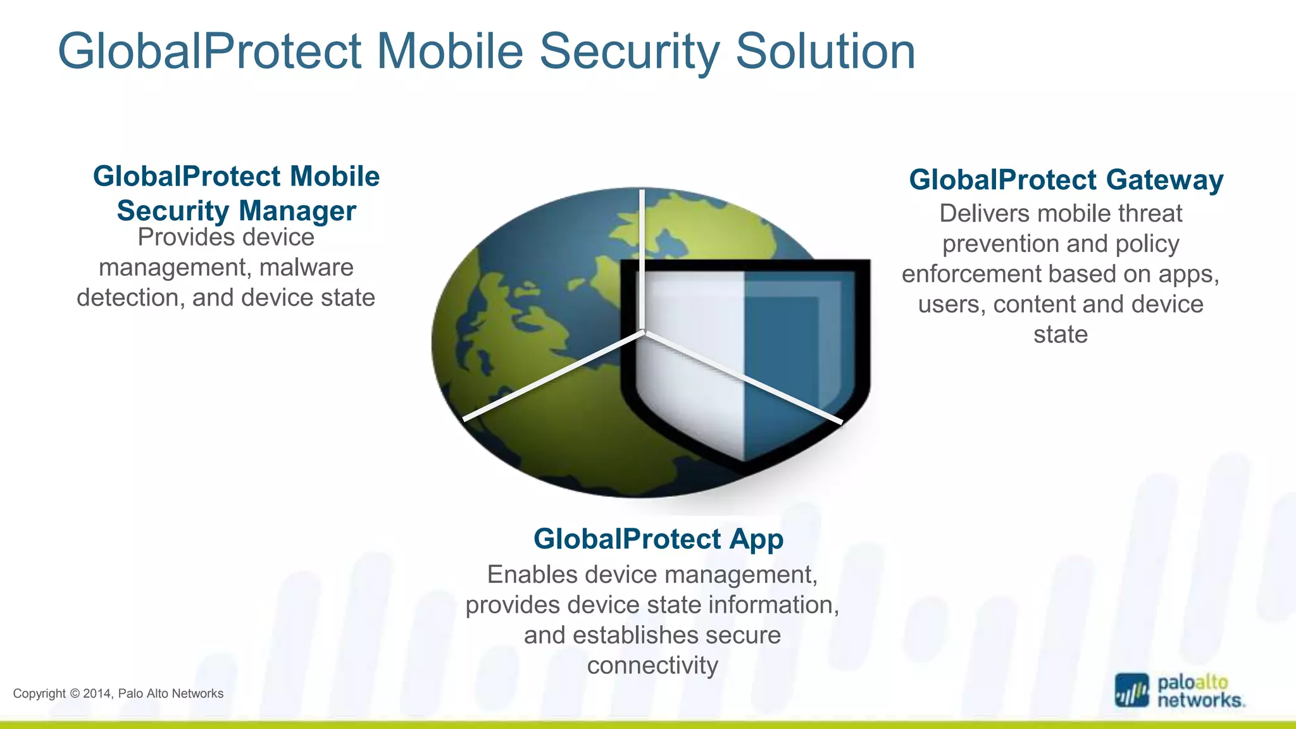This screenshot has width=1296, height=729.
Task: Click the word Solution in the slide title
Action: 825,51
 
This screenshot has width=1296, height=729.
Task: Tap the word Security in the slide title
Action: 629,51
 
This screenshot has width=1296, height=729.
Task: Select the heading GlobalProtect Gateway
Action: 1066,180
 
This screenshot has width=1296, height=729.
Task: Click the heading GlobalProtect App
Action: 658,539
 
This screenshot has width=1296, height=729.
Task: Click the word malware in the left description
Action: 306,268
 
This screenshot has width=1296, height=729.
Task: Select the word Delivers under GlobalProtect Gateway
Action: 977,214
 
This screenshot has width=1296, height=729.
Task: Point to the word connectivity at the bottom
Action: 652,666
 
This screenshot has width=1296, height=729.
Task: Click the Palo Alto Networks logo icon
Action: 1131,690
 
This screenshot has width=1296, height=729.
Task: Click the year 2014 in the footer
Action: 97,694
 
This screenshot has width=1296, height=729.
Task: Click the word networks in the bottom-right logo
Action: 1199,701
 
